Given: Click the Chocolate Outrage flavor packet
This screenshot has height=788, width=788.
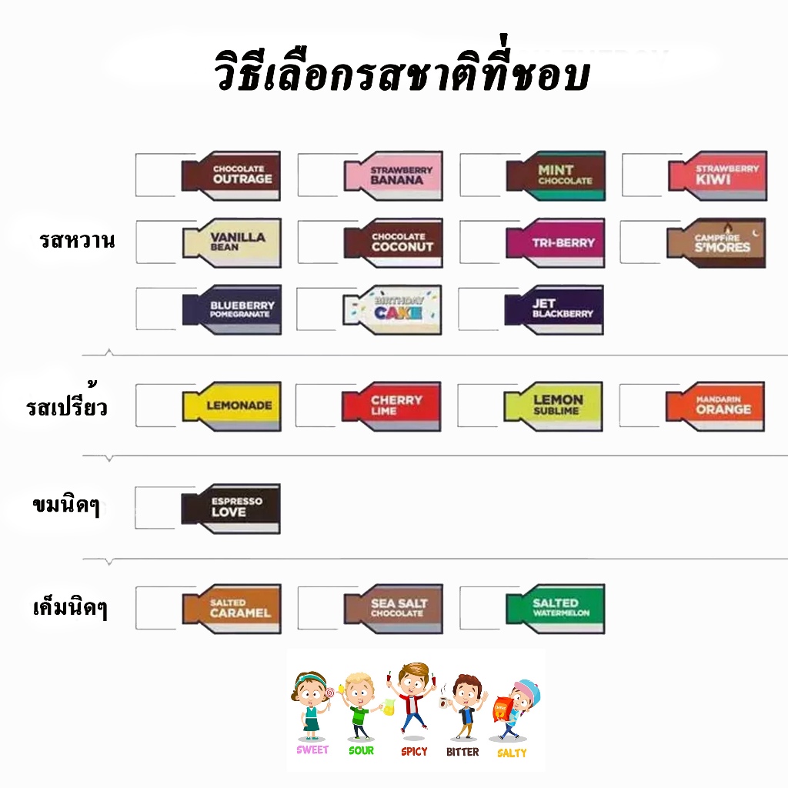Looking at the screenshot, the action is tap(231, 176).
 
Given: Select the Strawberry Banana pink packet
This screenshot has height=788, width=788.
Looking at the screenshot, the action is tap(393, 176).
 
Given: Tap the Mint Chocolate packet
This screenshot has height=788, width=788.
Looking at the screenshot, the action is tap(556, 176).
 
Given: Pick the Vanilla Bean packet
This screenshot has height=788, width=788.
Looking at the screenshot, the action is tap(232, 243).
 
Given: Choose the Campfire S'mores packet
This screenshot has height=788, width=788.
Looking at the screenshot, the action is tap(716, 243).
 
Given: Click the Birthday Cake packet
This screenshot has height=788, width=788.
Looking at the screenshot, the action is tap(392, 310).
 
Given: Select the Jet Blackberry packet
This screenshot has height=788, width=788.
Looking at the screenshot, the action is tap(554, 310).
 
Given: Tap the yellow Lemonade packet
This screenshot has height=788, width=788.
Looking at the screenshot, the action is tap(232, 406).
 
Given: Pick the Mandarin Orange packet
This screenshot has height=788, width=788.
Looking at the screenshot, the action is tap(715, 406).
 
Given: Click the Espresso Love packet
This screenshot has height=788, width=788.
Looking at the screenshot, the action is tap(231, 509).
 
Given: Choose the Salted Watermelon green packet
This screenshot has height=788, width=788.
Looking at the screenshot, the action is tap(556, 609).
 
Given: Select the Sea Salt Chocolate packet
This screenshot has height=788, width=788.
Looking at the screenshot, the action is tap(393, 609).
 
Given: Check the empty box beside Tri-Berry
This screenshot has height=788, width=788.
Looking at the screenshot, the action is tap(482, 242).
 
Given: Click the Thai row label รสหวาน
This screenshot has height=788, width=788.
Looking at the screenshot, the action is tap(77, 240).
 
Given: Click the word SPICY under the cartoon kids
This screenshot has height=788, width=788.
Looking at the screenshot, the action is tap(414, 751).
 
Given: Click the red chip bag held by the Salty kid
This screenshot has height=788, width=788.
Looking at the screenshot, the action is tap(503, 710).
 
